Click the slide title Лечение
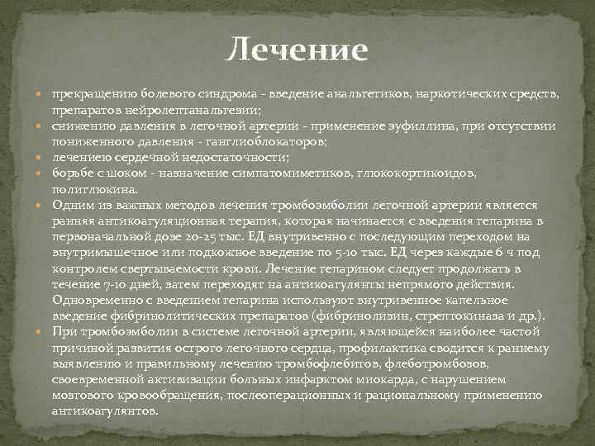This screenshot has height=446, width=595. point(297,50)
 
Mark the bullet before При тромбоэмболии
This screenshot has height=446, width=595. point(42,331)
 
